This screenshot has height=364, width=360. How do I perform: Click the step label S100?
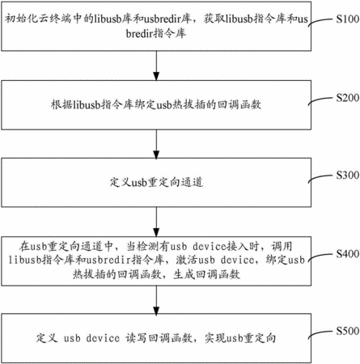[348, 19]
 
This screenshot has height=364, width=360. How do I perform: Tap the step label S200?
[348, 98]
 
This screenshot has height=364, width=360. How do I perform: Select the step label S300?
[348, 176]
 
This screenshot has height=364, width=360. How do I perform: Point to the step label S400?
[348, 254]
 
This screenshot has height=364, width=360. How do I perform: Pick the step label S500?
[348, 331]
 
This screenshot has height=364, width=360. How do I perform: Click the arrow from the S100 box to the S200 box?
[156, 66]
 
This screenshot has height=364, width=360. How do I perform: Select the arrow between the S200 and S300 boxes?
[156, 144]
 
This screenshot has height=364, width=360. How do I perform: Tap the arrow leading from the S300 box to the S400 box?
[156, 222]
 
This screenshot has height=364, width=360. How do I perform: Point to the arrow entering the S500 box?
[156, 299]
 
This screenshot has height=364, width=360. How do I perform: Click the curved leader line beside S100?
[320, 20]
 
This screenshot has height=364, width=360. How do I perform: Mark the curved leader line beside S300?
[320, 176]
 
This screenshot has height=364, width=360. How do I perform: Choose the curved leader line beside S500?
[320, 332]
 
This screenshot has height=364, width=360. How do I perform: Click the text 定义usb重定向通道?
[156, 183]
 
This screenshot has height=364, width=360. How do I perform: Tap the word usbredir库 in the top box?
[167, 19]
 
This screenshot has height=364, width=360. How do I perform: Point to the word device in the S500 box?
[103, 338]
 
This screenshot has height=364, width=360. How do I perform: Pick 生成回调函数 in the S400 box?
[206, 274]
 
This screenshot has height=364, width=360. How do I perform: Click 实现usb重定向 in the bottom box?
[240, 338]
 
